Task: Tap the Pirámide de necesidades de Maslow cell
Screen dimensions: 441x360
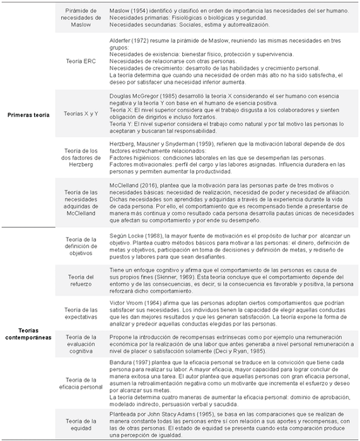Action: click(82, 18)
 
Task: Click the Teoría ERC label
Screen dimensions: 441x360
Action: click(82, 61)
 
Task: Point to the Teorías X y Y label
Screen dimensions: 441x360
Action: click(82, 114)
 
